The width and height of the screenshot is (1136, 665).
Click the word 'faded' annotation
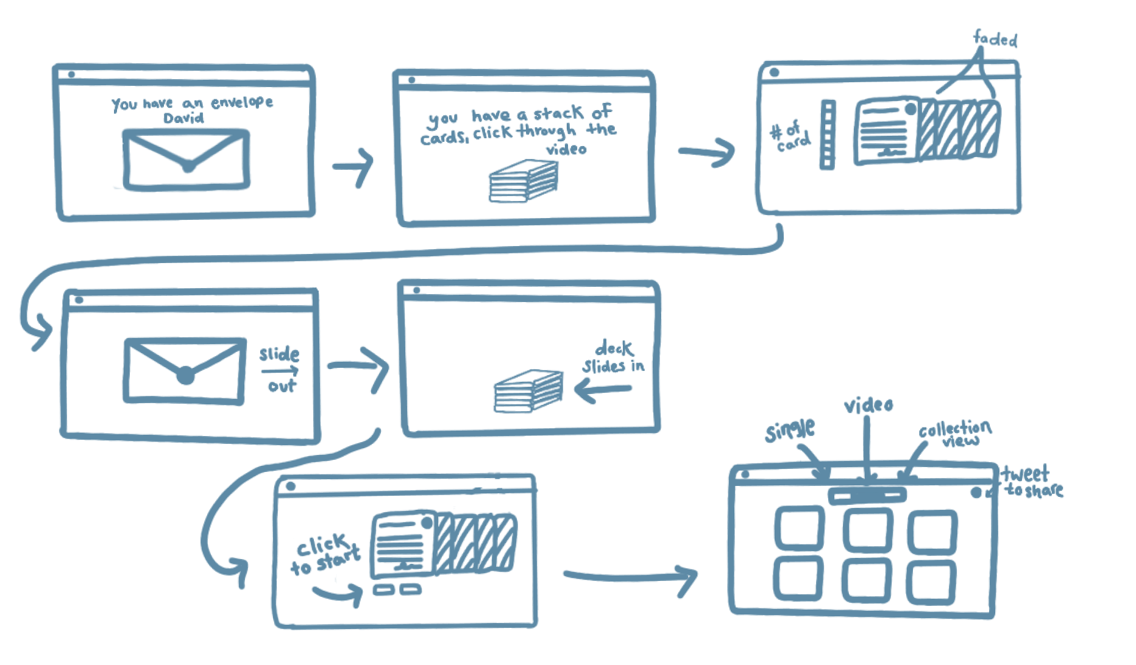(x=996, y=40)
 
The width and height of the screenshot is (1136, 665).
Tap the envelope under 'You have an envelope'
(x=187, y=160)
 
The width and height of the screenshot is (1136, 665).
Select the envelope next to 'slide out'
(x=185, y=370)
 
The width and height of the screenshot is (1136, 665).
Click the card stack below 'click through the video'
(x=523, y=181)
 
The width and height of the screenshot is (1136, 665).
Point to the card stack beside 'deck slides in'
(x=528, y=391)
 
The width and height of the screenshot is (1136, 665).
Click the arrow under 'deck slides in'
(x=603, y=390)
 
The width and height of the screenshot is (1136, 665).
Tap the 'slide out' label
(x=280, y=369)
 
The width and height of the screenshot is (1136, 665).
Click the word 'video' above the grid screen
(x=868, y=406)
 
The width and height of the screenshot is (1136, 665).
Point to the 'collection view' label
(x=956, y=433)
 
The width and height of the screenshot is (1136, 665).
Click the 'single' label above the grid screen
(x=789, y=430)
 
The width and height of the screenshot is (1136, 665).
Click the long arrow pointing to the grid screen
(x=630, y=576)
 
